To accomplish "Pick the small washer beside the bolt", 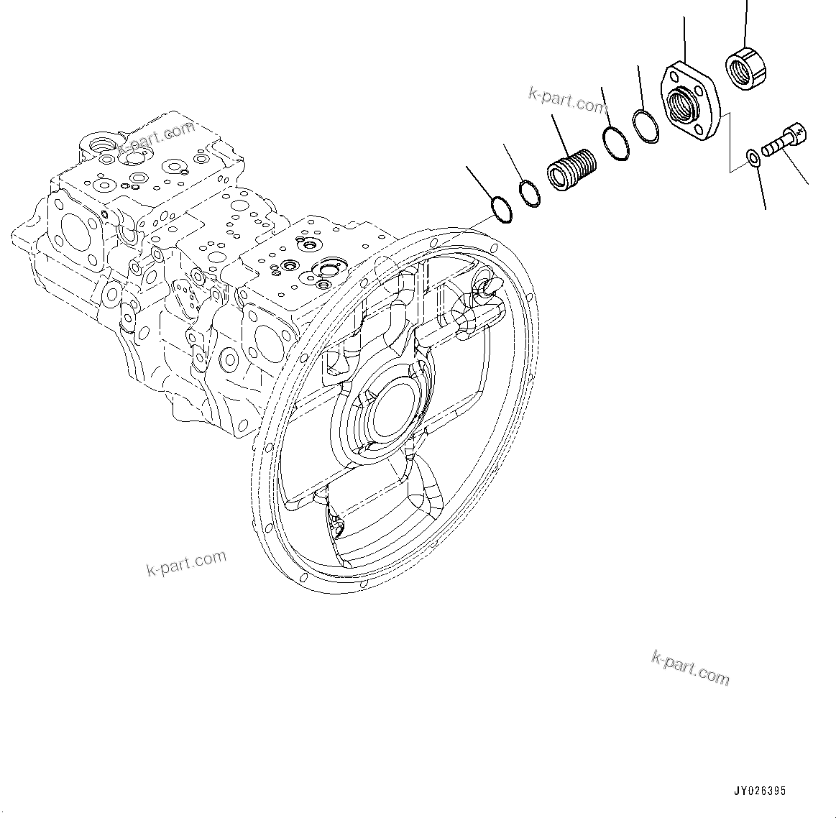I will point(752,157).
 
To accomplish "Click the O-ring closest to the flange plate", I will point(646,126).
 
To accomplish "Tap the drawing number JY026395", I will point(760,791).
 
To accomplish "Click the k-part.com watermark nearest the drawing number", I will point(690,668).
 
